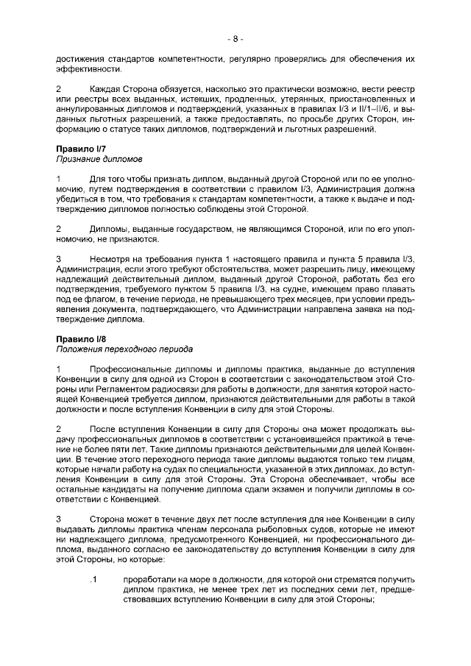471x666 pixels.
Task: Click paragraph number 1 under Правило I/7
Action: (59, 180)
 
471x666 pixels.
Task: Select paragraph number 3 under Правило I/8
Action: (59, 519)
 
